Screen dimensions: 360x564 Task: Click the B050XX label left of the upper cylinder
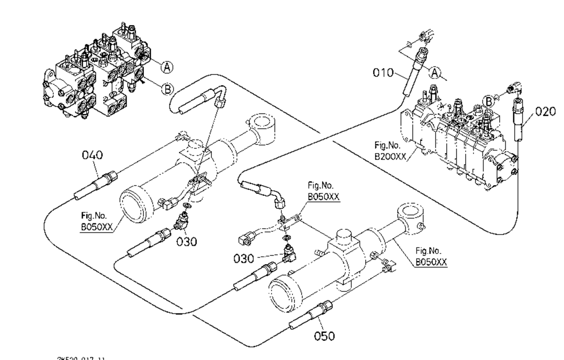pyautogui.click(x=97, y=223)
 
